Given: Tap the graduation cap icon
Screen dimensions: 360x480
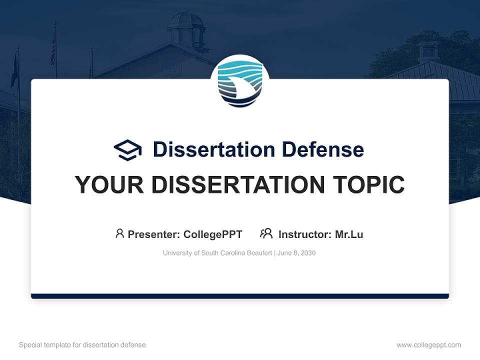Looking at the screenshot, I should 127,149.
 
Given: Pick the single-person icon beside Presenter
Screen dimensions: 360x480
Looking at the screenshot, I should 119,233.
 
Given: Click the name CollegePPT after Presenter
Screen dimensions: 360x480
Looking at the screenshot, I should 212,234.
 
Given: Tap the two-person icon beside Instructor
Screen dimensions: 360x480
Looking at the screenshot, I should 266,233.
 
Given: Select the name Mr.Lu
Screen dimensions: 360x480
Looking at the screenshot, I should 349,234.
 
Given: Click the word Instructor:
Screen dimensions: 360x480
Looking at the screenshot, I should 304,234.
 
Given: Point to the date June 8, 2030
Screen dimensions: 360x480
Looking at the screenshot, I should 296,253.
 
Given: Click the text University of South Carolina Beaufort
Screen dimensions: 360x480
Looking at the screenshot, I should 217,253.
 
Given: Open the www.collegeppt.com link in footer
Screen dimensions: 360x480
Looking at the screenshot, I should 428,345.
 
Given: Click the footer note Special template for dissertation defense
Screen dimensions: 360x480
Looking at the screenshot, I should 82,345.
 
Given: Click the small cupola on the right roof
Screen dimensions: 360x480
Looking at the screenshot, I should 428,50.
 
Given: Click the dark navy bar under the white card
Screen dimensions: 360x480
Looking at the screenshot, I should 240,296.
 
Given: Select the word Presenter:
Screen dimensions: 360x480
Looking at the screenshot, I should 154,234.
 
